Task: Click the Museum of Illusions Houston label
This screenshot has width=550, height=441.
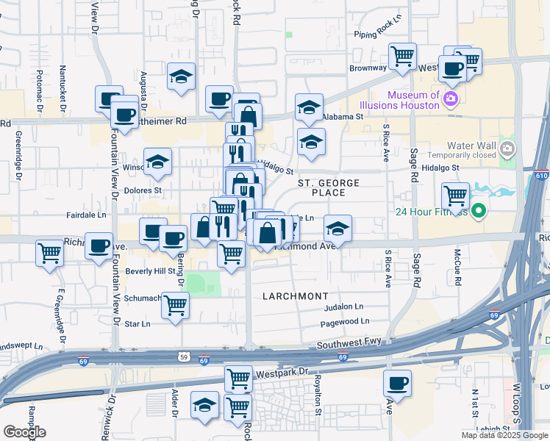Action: (x=414, y=100)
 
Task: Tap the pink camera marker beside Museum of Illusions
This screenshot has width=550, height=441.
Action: (x=451, y=99)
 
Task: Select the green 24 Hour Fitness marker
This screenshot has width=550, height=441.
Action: (x=479, y=213)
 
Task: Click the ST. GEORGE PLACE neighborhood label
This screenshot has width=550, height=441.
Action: (x=328, y=187)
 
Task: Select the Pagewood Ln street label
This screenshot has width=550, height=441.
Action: (x=345, y=322)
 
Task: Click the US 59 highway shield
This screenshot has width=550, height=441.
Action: (x=183, y=358)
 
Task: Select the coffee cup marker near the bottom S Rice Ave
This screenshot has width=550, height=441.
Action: (x=398, y=383)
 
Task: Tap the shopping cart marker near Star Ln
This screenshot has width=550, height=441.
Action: (x=175, y=305)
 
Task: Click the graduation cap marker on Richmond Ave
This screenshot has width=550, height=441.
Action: (x=337, y=229)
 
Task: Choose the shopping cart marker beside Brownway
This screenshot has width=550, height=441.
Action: (x=402, y=56)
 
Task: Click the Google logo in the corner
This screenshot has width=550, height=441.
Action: (x=25, y=431)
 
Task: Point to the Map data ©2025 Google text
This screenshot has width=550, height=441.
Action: (x=504, y=435)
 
